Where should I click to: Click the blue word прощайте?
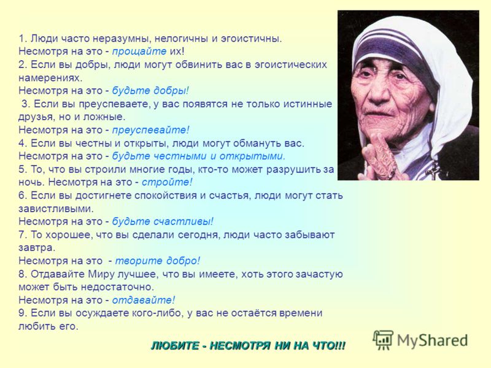[139, 52]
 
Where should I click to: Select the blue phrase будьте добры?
[150, 91]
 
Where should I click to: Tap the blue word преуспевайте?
[151, 130]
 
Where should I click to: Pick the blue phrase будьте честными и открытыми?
[198, 156]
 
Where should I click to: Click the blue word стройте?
[167, 182]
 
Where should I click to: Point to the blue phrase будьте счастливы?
[163, 221]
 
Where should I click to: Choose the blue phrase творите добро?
[158, 261]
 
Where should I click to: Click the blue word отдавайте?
[144, 300]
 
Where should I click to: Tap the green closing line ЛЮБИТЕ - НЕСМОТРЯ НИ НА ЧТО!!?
[249, 346]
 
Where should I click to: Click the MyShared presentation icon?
[383, 340]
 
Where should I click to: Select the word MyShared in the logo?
[433, 340]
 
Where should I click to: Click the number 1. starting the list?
[23, 39]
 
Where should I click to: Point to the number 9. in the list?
[23, 313]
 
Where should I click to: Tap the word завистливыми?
[56, 209]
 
